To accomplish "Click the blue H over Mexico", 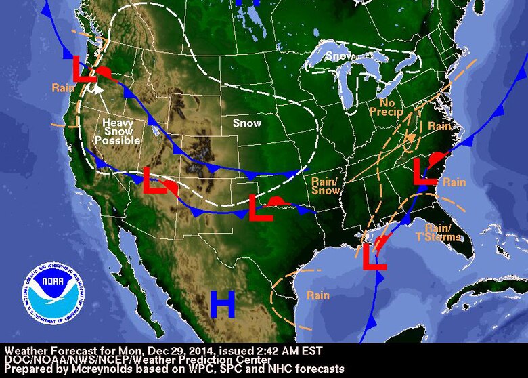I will pos(222,304).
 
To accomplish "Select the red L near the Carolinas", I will pos(425,171).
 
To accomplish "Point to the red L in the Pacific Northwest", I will pos(85,70).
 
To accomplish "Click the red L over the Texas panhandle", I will pos(260,208).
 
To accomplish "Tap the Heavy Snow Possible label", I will pos(120,131).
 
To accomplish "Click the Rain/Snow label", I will pos(327,186).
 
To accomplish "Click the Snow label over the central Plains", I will pos(246,123).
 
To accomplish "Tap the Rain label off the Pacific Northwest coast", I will pos(62,87).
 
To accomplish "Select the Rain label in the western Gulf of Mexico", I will pos(317,295).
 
